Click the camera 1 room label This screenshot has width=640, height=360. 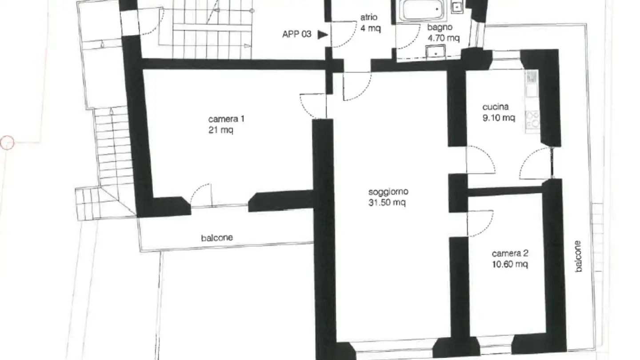pyautogui.click(x=226, y=119)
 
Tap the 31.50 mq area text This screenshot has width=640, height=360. pyautogui.click(x=388, y=203)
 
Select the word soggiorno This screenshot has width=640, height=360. pyautogui.click(x=388, y=192)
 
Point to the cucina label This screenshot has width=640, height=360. pyautogui.click(x=495, y=107)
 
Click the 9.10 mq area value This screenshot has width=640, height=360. pyautogui.click(x=499, y=118)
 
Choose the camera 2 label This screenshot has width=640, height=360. pyautogui.click(x=510, y=254)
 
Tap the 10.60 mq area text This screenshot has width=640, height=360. pyautogui.click(x=510, y=264)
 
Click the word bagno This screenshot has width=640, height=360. pyautogui.click(x=440, y=28)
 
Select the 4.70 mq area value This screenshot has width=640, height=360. pyautogui.click(x=443, y=38)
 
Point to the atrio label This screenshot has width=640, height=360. pyautogui.click(x=369, y=18)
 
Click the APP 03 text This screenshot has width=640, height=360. pyautogui.click(x=297, y=34)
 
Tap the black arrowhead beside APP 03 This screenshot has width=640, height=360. pyautogui.click(x=322, y=34)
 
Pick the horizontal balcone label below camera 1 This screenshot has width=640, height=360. pyautogui.click(x=217, y=238)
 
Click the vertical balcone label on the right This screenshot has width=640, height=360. pyautogui.click(x=578, y=256)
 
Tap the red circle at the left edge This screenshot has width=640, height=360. pyautogui.click(x=7, y=143)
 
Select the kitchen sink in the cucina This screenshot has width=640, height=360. pyautogui.click(x=531, y=78)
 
